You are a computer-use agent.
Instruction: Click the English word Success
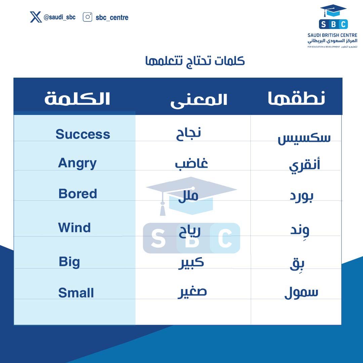coord(83,134)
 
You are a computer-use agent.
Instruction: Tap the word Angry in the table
coord(77,163)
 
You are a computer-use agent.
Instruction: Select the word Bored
coord(78,194)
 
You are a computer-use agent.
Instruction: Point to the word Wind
coord(74,228)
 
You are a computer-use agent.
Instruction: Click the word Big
coord(69,261)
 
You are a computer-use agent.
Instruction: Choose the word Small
coord(76,292)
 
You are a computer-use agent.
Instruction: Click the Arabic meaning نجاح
coord(189,133)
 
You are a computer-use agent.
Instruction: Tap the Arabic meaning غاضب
coord(191,164)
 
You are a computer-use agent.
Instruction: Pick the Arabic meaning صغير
coord(192,292)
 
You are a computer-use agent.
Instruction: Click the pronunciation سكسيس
coord(304,138)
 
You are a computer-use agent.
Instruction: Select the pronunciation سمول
coord(301,292)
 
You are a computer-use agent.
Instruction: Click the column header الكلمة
coord(77,98)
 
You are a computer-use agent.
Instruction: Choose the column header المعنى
coord(199,100)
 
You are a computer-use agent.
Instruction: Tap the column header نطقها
coord(296,98)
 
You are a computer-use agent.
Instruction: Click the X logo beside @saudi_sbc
coord(36,17)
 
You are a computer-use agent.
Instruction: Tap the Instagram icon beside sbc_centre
coord(87,17)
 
